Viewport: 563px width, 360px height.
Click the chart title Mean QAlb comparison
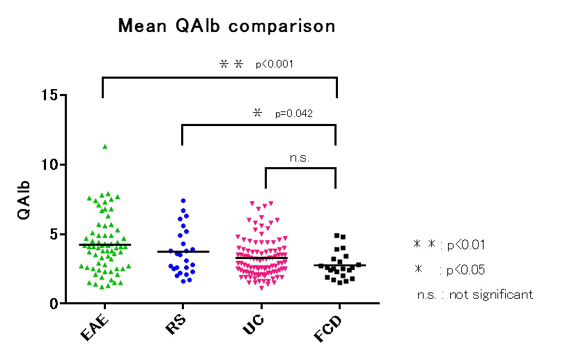coord(226,26)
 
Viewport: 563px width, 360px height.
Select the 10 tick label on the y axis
coord(49,165)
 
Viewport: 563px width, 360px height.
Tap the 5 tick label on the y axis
coord(53,235)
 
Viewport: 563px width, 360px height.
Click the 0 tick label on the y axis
coord(53,304)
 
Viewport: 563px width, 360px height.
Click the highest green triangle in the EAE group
coord(105,146)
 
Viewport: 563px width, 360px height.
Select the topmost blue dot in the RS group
coord(183,201)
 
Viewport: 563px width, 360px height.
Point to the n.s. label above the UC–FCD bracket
coord(300,157)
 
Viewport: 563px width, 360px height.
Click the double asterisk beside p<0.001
coord(231,63)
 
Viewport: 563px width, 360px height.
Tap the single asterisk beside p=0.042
coord(257,112)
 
